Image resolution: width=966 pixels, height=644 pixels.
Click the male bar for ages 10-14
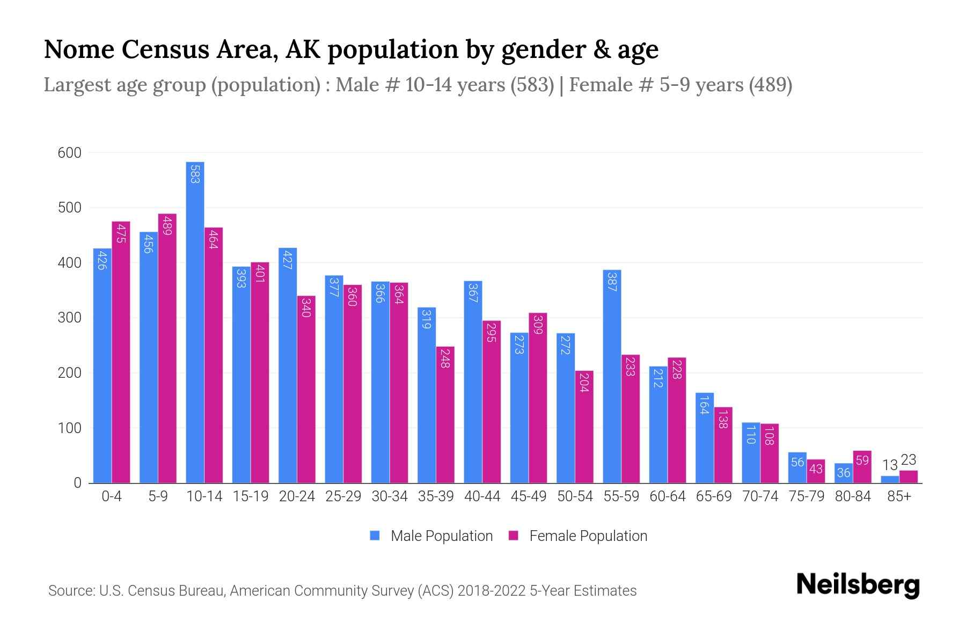[195, 322]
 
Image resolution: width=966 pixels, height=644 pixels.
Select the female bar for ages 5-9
[167, 349]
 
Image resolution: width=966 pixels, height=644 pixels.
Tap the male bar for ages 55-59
[612, 376]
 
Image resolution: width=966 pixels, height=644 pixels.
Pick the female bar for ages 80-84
[862, 467]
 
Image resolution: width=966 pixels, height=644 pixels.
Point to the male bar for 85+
[890, 479]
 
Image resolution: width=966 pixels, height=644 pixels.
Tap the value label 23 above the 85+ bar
[908, 460]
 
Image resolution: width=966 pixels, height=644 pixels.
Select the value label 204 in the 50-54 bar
[584, 382]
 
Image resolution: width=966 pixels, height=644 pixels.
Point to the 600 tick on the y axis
[70, 153]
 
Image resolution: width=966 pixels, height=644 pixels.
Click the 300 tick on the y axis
[70, 318]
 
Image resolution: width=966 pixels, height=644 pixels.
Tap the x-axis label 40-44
[482, 496]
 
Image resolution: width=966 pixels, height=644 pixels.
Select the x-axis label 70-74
[760, 496]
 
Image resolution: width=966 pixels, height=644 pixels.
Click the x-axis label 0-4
[112, 496]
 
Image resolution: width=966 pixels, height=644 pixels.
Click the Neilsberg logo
[858, 585]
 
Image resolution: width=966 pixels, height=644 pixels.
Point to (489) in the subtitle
[771, 85]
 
